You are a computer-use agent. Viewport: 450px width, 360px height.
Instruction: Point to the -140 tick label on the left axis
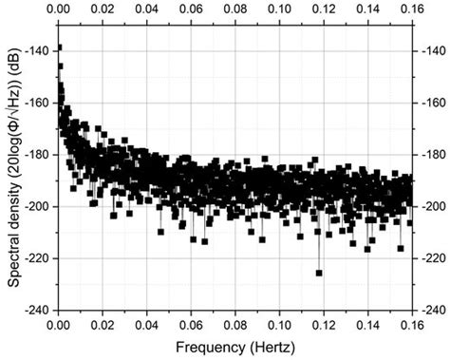[38, 50]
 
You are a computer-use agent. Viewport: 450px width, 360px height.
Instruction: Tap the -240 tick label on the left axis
[38, 310]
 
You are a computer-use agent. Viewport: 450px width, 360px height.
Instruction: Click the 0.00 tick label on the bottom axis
[58, 324]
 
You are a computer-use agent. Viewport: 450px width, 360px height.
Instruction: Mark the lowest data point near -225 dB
[319, 273]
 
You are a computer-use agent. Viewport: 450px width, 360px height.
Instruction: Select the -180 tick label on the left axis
[38, 154]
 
